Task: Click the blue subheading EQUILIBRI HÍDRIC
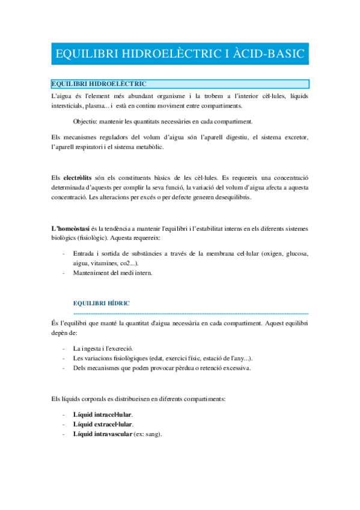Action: click(101, 303)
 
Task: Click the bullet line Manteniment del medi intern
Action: click(113, 273)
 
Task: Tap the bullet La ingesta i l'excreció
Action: click(103, 348)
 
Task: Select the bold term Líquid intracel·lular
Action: click(102, 414)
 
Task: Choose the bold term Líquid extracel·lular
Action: click(103, 424)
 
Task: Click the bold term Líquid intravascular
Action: click(102, 434)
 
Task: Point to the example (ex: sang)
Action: click(148, 434)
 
